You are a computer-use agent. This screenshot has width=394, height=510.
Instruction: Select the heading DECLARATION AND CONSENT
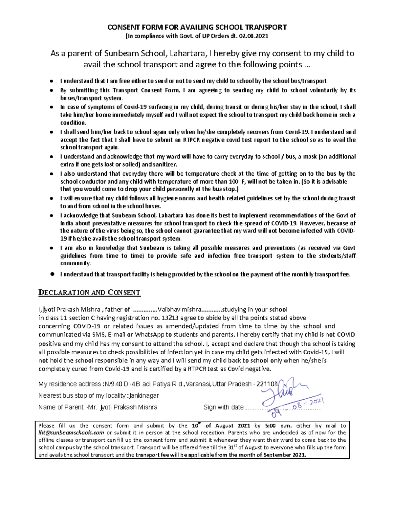89,293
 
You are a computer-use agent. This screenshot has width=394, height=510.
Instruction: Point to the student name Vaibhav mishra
179,309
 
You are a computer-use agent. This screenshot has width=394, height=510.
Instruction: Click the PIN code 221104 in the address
267,384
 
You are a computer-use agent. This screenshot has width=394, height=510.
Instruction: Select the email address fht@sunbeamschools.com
71,433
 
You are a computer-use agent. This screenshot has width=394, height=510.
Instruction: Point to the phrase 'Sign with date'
223,407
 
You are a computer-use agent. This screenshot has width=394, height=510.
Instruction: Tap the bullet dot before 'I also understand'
51,174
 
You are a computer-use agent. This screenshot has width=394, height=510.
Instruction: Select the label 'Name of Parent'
61,407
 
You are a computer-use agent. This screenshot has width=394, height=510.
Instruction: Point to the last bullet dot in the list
52,274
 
